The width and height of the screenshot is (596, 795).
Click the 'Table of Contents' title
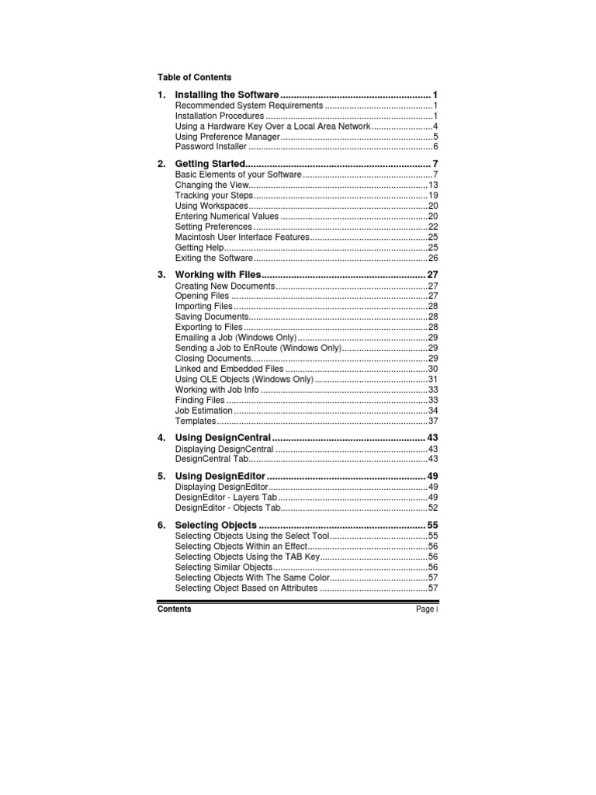(194, 77)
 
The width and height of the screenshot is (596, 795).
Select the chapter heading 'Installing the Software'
(227, 94)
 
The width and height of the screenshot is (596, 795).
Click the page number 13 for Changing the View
(433, 185)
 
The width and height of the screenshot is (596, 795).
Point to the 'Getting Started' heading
(210, 164)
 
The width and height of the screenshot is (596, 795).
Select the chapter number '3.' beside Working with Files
(161, 276)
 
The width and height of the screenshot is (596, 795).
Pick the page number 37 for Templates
(433, 421)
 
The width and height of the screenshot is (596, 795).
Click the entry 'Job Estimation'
(203, 410)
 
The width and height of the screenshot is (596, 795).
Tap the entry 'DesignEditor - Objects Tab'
(227, 508)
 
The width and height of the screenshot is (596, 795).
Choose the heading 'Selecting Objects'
(216, 526)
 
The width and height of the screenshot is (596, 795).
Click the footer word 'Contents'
(174, 609)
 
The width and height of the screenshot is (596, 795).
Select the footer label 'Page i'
(427, 609)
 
